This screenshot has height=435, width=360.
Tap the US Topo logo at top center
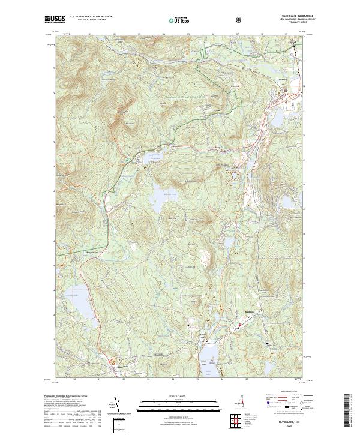pyautogui.click(x=176, y=20)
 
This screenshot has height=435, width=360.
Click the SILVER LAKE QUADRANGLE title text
pyautogui.click(x=287, y=16)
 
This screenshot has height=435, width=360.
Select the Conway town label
pyautogui.click(x=283, y=79)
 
